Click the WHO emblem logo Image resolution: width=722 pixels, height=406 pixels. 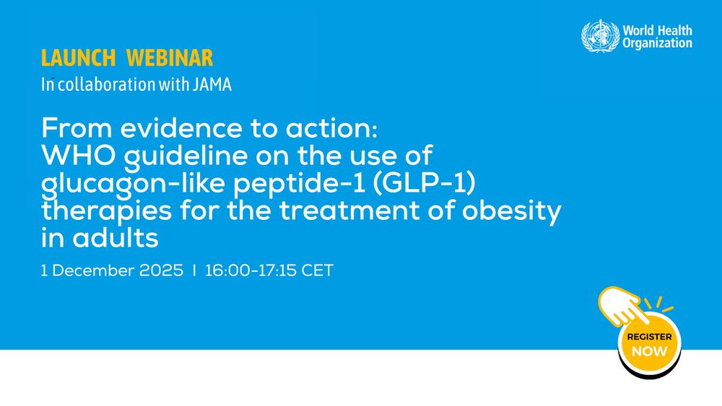600,36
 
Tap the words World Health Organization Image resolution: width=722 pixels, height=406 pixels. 657,37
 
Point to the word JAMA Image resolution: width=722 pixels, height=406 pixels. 212,84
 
